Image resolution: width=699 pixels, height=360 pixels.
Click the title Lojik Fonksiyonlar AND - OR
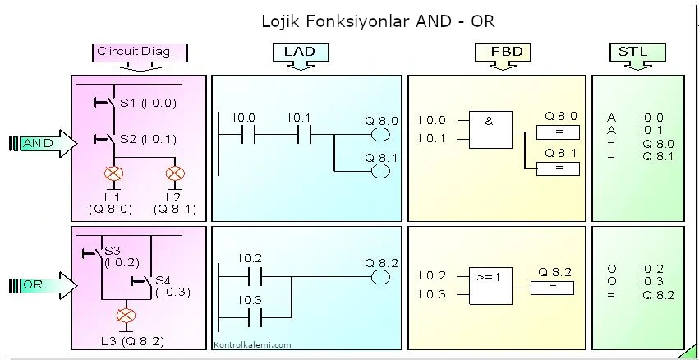point(378,20)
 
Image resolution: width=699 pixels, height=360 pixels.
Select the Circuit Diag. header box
point(140,52)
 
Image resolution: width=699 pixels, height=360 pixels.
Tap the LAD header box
point(300,52)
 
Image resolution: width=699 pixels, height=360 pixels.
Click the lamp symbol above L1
point(113,174)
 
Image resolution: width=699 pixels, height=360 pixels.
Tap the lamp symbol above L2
point(174,174)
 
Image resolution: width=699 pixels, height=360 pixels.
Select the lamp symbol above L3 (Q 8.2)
point(126,315)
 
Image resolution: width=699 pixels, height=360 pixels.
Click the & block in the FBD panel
point(489,129)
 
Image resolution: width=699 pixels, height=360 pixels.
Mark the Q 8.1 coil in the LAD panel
point(380,171)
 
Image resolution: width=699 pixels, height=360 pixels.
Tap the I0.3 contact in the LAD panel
point(250,316)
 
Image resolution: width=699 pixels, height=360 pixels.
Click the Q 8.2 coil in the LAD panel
point(380,277)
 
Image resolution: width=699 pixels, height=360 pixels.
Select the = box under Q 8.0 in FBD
point(558,132)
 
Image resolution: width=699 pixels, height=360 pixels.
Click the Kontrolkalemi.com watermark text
point(252,345)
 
